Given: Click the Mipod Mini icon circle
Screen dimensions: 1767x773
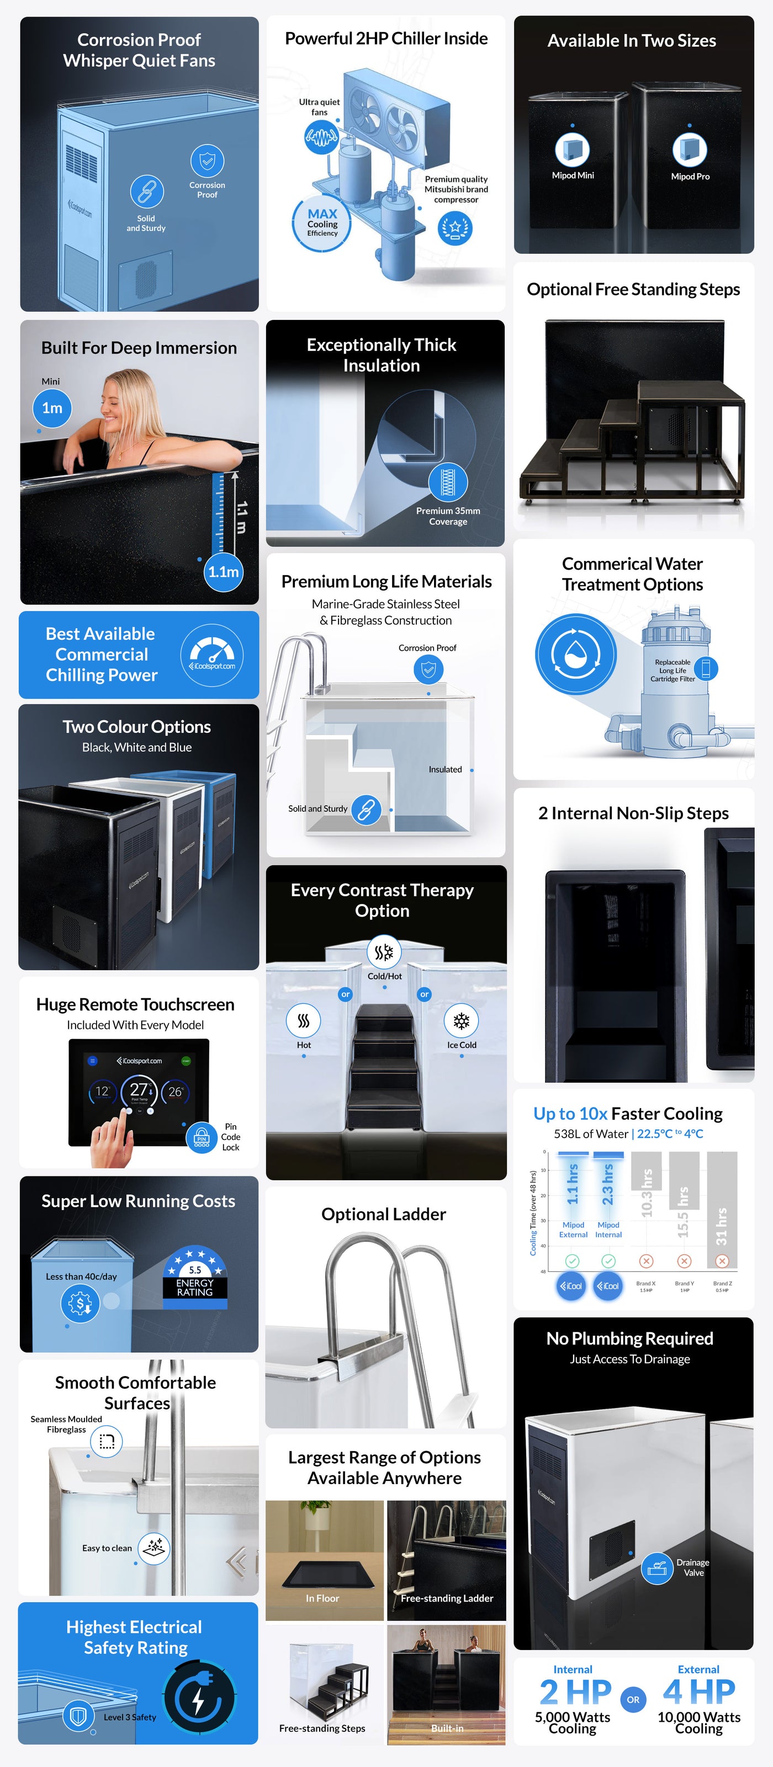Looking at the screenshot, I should point(572,149).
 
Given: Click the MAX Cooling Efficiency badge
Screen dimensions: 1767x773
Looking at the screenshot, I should point(322,223).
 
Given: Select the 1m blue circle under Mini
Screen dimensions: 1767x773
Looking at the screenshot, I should point(52,408).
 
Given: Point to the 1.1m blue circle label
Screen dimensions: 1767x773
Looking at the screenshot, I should point(223,571).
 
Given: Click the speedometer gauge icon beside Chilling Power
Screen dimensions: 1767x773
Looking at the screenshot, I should point(212,655).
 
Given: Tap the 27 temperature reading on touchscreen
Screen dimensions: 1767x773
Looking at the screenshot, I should point(139,1090).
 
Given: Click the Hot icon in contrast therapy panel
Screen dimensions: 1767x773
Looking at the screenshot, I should point(304,1021).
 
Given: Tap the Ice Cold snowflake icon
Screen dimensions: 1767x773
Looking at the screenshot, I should point(462,1021).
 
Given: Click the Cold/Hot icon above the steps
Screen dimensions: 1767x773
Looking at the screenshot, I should point(384,952).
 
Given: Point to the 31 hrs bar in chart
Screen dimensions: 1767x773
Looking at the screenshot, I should point(722,1210).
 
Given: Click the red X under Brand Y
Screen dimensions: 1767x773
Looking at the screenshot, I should point(684,1261).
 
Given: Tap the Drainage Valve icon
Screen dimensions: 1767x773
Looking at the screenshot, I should point(657,1567).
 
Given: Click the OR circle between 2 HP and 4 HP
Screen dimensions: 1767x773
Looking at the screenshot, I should point(633,1699).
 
